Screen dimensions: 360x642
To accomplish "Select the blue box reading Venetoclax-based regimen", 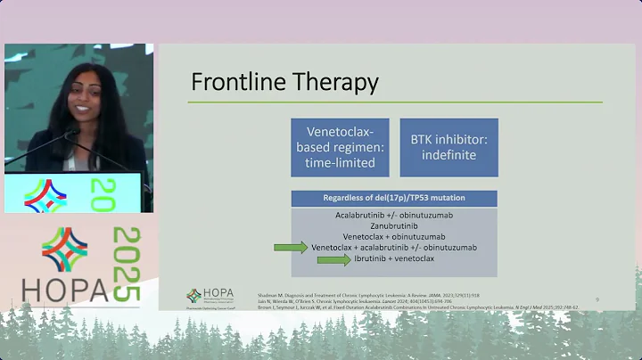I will [339, 147].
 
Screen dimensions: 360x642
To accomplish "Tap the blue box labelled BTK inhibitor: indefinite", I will [449, 147].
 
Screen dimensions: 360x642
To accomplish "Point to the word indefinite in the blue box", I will [449, 155].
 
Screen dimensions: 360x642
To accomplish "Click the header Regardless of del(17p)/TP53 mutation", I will [394, 197].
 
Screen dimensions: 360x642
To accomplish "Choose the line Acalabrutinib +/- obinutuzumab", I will [394, 215].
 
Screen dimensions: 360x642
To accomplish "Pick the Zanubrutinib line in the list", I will [394, 225].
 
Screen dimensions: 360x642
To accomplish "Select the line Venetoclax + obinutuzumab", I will [394, 236].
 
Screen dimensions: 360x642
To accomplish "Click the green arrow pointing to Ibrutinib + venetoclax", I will [333, 260].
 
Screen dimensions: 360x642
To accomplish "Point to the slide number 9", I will [597, 299].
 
